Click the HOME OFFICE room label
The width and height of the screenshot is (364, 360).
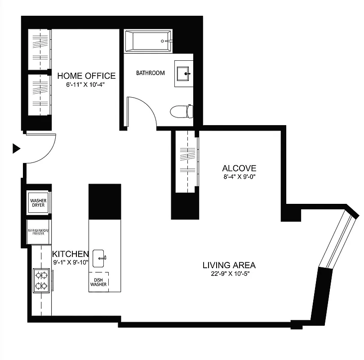tap(86, 76)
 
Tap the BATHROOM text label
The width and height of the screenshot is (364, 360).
tap(151, 72)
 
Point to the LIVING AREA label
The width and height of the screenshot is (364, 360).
tap(229, 265)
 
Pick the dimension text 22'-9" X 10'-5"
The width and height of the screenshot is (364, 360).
tap(229, 274)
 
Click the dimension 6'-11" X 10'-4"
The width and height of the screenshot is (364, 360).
tap(86, 84)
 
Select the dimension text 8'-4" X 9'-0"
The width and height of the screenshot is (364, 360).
tap(239, 176)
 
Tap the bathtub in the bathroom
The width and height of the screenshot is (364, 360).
tap(148, 40)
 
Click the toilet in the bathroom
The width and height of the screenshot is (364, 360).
tap(182, 111)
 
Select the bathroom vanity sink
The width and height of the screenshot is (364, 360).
tap(184, 73)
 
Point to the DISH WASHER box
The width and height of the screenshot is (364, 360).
tap(98, 282)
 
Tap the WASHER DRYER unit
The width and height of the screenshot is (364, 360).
tap(38, 203)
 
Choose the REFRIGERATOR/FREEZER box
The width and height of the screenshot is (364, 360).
tap(38, 232)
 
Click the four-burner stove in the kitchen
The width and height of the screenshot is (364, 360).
tap(41, 280)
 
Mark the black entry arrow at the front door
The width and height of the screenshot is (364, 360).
tap(16, 148)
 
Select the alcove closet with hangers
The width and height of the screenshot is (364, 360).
tap(185, 160)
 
